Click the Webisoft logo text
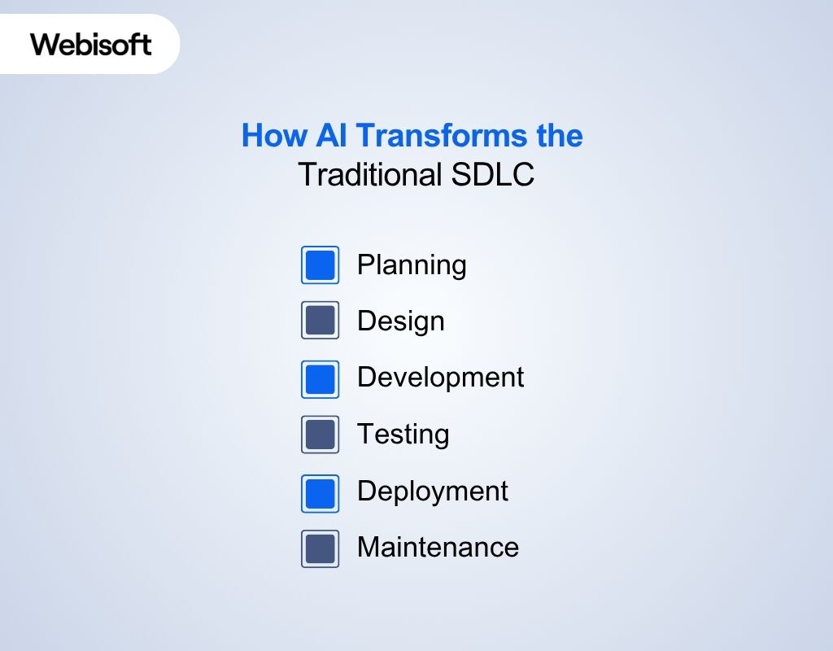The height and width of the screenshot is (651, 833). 91,44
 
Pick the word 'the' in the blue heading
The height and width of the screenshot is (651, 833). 558,135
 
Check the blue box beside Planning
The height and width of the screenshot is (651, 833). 320,265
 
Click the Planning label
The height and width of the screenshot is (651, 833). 412,265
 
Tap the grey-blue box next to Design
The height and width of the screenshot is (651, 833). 320,321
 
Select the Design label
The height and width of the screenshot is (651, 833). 401,321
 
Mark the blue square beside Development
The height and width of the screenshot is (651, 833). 320,378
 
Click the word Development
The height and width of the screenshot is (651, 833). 440,378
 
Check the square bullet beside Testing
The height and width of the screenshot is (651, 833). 320,435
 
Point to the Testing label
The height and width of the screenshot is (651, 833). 403,434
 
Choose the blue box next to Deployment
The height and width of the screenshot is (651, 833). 320,492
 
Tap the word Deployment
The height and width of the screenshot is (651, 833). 433,492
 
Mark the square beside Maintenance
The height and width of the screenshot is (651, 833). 320,548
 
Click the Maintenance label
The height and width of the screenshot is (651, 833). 438,547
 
